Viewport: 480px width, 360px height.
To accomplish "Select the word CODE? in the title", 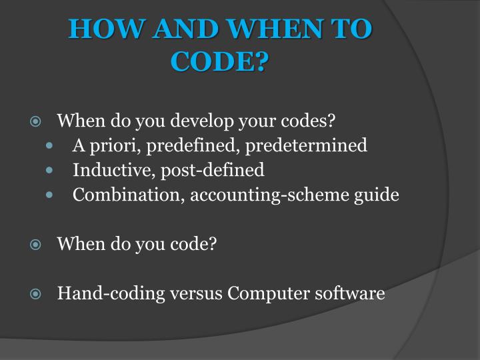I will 219,61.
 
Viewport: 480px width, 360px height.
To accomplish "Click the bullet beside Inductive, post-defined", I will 51,171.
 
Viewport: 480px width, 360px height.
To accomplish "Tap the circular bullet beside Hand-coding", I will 36,293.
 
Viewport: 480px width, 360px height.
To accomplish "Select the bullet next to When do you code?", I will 36,244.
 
